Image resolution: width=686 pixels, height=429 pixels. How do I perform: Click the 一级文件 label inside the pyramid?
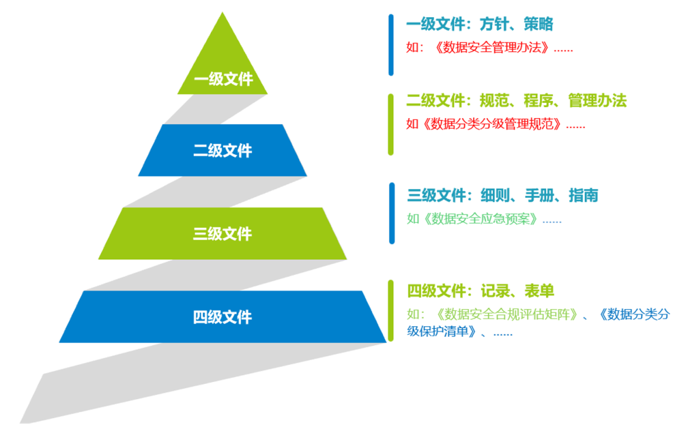click(223, 79)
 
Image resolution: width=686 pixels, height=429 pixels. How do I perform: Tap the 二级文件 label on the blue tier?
click(223, 151)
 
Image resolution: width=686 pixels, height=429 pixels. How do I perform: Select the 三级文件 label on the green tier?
click(223, 234)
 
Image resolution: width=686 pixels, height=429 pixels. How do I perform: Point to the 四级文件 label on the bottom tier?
click(223, 317)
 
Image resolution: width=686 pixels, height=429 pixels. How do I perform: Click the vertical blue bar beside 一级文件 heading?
click(391, 45)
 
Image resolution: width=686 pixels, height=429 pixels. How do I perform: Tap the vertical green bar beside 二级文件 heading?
click(391, 124)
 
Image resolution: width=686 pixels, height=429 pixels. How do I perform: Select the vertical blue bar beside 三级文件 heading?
click(392, 213)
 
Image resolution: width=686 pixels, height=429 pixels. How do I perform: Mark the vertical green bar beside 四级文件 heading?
click(391, 310)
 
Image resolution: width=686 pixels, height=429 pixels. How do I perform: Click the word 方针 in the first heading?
click(494, 24)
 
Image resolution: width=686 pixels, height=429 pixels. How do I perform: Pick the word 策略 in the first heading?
click(539, 24)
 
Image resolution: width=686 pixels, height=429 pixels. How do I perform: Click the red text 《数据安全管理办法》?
click(490, 48)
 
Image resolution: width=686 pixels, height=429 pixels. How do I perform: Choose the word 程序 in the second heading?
click(539, 101)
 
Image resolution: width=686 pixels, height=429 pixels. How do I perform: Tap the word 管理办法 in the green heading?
click(597, 101)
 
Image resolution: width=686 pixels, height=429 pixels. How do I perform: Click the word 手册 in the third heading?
click(539, 195)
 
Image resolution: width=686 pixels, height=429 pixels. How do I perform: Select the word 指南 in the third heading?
click(584, 195)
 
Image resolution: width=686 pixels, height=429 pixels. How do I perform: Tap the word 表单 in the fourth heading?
click(539, 291)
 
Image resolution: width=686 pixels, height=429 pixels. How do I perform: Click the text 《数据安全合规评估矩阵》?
click(506, 314)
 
